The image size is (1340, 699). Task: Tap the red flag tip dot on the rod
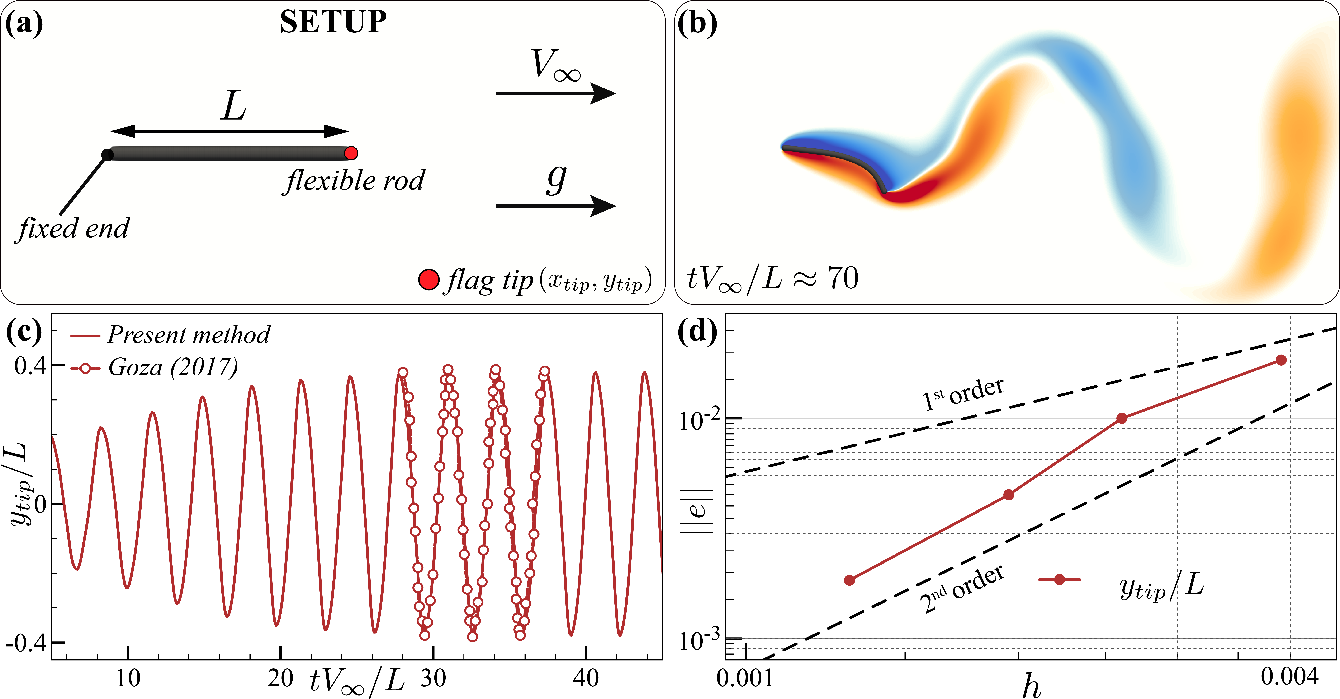pos(351,153)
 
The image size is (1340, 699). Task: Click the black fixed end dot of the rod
pos(107,154)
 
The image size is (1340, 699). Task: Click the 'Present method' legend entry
pos(188,335)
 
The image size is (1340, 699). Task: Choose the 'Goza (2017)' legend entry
pos(173,367)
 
